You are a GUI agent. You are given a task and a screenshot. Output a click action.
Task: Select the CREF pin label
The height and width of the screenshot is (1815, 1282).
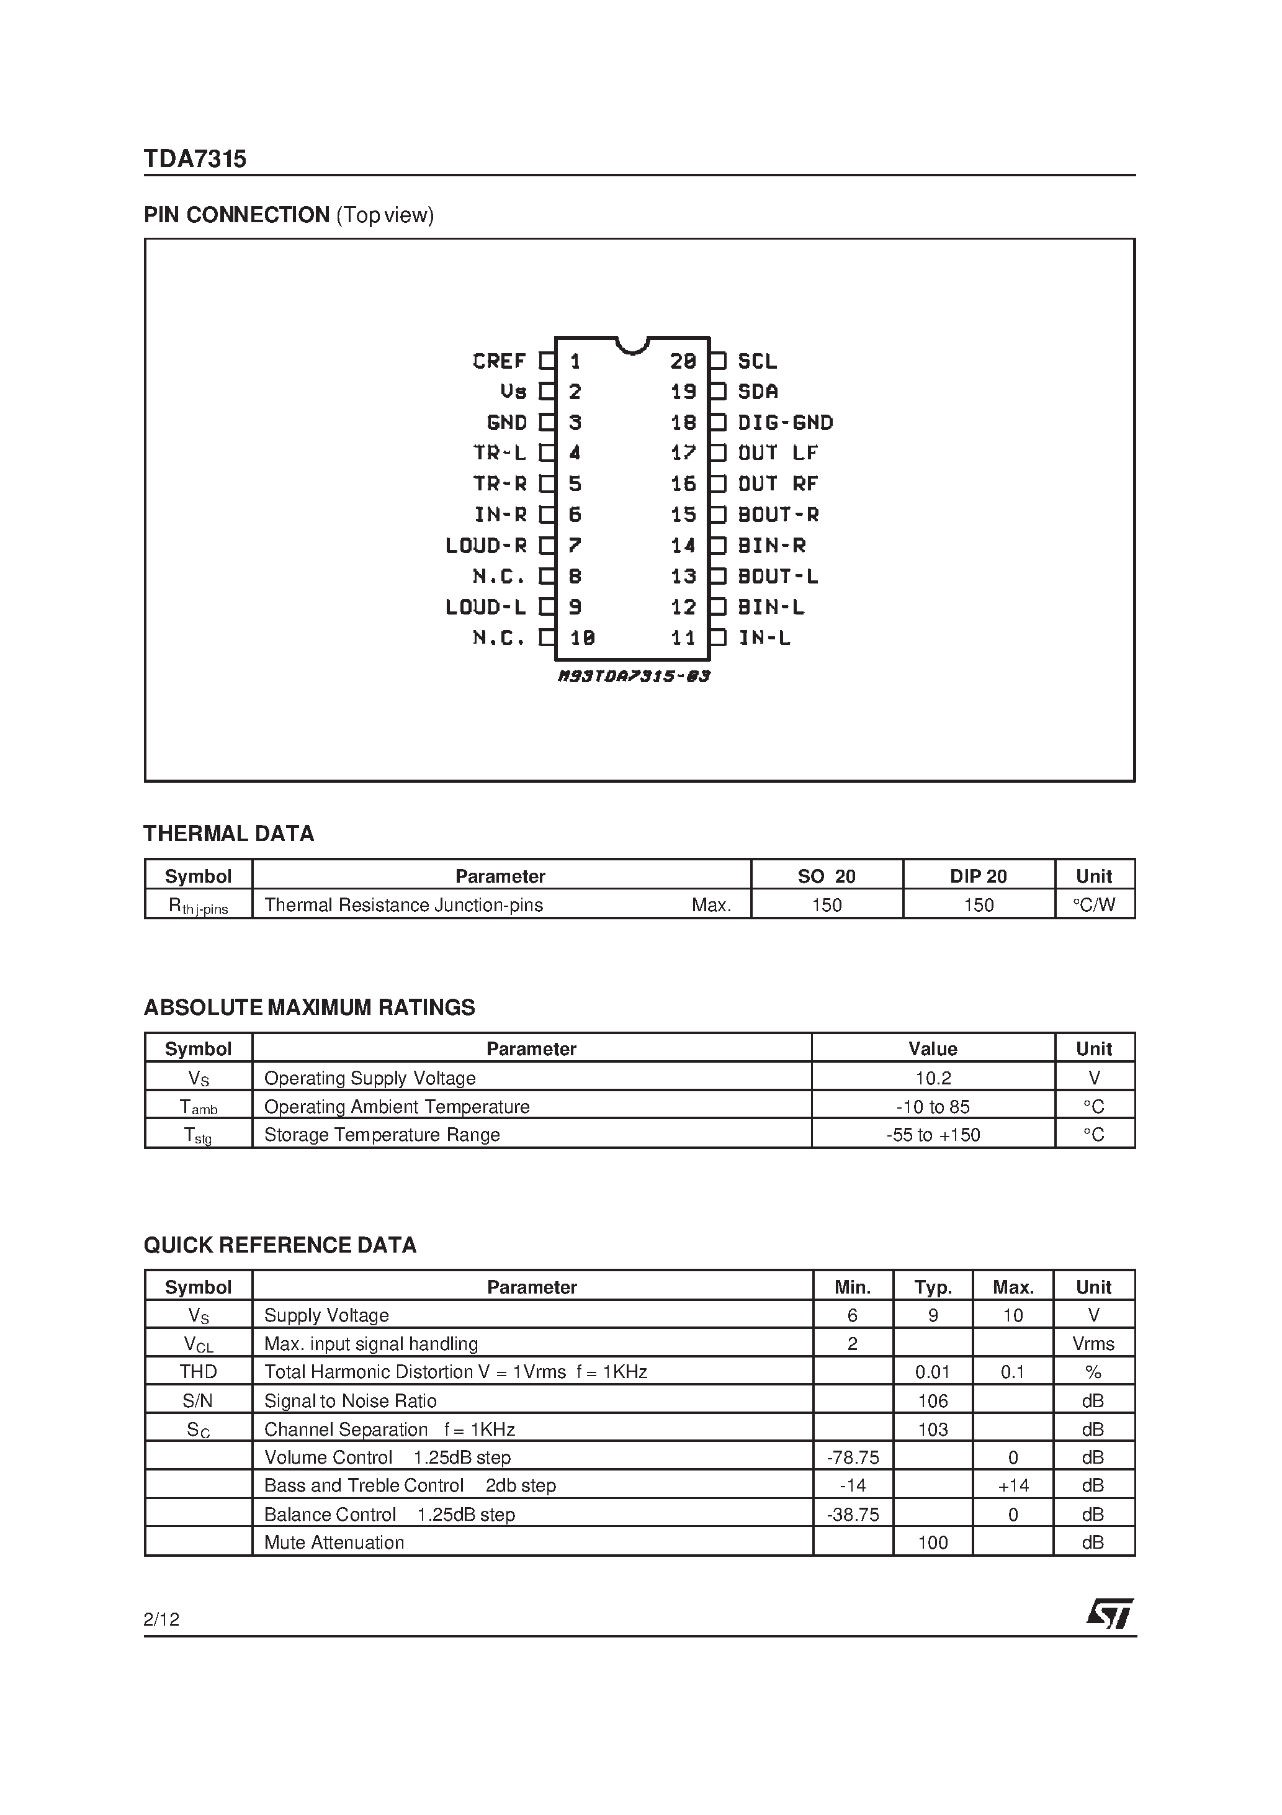click(499, 361)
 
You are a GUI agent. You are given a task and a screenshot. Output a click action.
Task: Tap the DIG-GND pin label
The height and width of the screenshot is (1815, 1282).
click(785, 423)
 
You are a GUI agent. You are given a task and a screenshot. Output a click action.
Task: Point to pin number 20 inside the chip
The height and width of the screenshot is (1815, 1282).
click(683, 361)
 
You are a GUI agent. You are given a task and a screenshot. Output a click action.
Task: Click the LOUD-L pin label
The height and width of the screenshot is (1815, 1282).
click(485, 607)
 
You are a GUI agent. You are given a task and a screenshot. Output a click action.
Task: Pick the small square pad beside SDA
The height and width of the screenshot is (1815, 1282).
click(718, 391)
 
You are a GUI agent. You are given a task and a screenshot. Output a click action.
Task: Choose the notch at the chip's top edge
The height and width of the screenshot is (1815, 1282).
click(632, 345)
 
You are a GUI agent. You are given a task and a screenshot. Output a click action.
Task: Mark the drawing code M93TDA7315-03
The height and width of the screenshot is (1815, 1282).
click(633, 676)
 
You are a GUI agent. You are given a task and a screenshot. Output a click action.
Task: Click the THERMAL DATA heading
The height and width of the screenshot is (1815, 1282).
click(228, 833)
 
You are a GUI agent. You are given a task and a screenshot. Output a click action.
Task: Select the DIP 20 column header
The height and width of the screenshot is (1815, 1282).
click(979, 876)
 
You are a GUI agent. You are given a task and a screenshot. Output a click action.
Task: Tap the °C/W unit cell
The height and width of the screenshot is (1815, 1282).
click(1094, 905)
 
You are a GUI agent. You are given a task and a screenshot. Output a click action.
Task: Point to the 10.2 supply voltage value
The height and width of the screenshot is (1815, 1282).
click(933, 1078)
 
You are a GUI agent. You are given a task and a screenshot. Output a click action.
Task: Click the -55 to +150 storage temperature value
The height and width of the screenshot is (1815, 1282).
click(933, 1135)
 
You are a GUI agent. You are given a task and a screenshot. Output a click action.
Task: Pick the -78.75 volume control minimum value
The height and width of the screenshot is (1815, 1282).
click(852, 1457)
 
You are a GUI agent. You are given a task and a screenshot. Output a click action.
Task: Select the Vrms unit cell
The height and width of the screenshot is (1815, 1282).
click(1093, 1344)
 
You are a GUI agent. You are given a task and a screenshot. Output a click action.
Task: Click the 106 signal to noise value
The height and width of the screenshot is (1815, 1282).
click(933, 1401)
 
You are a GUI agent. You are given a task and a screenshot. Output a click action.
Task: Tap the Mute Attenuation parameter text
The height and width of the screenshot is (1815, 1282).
click(334, 1543)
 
